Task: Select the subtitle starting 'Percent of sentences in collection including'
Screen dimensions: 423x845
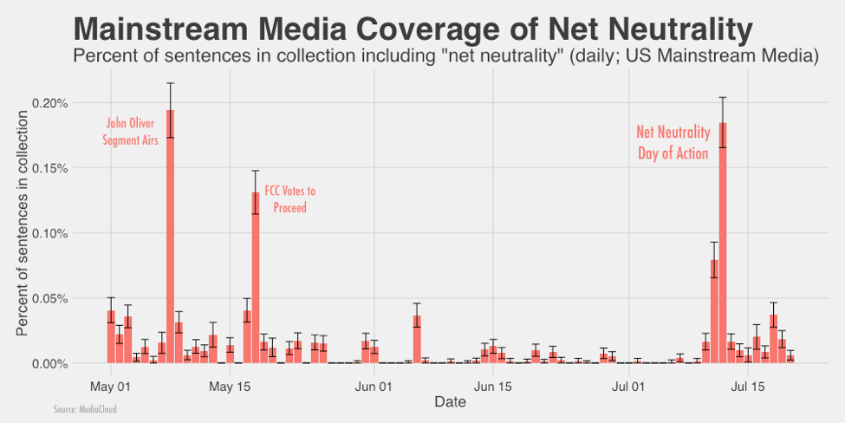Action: [446, 57]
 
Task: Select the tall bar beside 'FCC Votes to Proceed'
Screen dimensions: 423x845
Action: [256, 277]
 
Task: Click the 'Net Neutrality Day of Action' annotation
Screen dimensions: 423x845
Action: [673, 142]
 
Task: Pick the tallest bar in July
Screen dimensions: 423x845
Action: [723, 243]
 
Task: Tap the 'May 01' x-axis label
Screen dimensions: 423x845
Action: [110, 384]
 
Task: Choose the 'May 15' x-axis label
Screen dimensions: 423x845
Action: [230, 384]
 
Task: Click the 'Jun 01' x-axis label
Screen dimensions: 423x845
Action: [374, 384]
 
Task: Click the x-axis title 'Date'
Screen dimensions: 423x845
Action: [451, 401]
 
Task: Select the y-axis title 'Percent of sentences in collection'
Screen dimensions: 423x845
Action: [23, 224]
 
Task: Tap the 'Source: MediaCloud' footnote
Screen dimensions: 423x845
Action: [85, 408]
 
